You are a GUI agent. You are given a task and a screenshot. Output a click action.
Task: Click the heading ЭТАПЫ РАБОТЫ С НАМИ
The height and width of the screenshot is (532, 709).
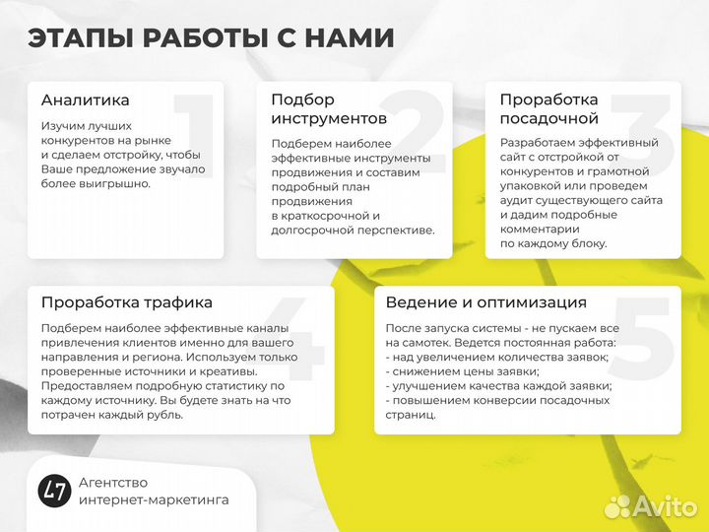[211, 38]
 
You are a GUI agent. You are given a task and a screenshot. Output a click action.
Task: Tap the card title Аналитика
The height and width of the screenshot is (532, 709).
[85, 100]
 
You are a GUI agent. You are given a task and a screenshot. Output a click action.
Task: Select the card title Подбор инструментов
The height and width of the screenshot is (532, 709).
[315, 108]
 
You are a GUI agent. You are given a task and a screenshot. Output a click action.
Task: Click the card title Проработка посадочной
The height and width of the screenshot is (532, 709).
[548, 108]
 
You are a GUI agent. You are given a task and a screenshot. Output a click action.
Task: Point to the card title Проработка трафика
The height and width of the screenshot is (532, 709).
[126, 302]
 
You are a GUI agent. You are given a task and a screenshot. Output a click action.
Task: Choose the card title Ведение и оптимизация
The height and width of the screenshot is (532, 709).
[485, 302]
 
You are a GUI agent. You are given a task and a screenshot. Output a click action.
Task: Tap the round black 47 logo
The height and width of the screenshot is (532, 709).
[53, 491]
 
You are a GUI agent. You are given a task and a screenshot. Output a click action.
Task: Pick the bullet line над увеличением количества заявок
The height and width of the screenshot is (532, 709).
[496, 357]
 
